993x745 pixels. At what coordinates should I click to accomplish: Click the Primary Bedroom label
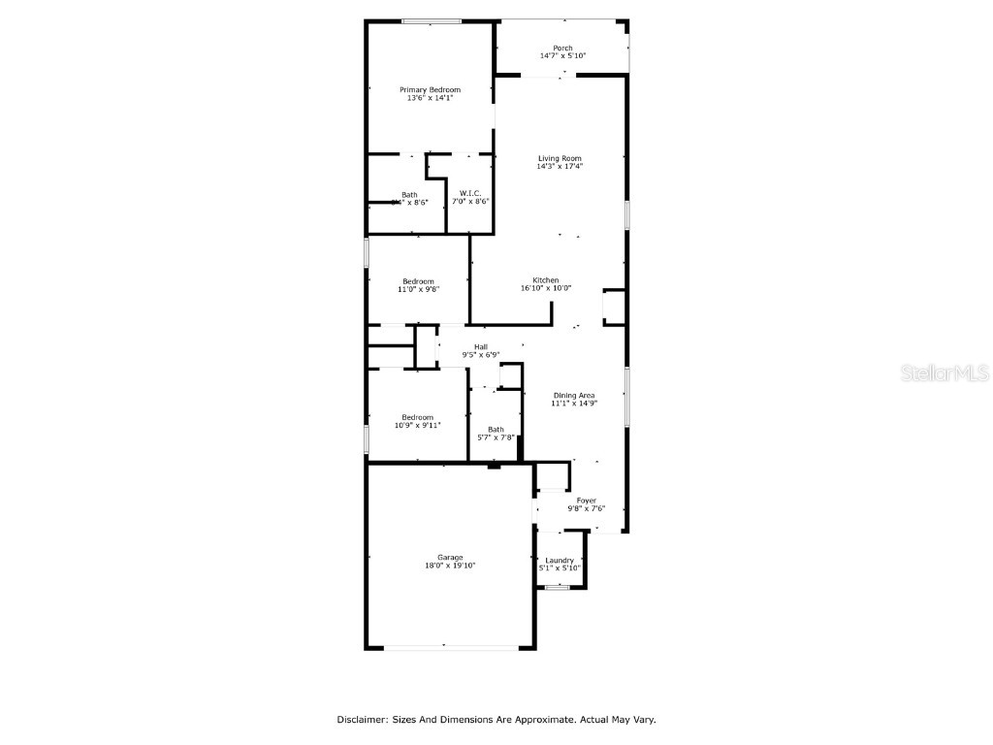tap(430, 89)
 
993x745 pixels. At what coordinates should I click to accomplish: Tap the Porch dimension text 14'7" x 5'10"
tap(562, 56)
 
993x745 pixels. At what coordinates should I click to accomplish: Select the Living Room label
tap(560, 158)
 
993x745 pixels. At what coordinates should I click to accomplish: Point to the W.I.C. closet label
tap(470, 194)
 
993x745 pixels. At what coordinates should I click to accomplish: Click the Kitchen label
tap(546, 280)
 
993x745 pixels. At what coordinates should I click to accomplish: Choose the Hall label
tap(480, 347)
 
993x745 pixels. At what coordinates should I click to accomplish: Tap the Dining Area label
tap(573, 395)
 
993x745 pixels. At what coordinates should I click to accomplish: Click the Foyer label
tap(587, 501)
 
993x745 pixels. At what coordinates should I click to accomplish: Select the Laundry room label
tap(560, 560)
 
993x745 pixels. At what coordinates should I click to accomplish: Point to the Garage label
tap(449, 557)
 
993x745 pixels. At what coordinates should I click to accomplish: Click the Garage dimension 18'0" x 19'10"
tap(449, 566)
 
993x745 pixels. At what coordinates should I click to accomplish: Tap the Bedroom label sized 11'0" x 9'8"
tap(419, 281)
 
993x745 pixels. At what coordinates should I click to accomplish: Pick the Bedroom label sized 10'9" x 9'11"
tap(418, 417)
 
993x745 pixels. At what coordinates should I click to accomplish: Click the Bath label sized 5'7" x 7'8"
tap(496, 430)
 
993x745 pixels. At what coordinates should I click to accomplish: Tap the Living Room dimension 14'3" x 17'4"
tap(560, 167)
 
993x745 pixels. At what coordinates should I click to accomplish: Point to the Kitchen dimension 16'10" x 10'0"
tap(546, 288)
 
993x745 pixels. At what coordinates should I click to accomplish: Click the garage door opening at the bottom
tap(445, 646)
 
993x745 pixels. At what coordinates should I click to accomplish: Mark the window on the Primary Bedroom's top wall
tap(432, 21)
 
